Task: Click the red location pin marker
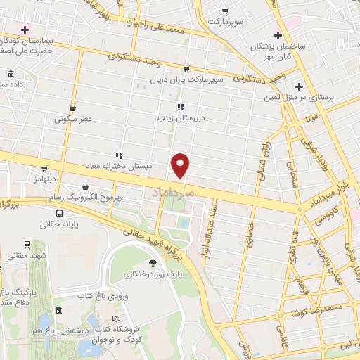[181, 165]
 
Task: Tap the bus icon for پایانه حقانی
[59, 213]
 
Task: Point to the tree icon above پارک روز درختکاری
[153, 263]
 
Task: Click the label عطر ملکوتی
[74, 120]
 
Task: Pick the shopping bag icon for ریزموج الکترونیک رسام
[86, 187]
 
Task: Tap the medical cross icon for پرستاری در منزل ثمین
[300, 86]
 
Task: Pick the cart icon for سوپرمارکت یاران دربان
[186, 69]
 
